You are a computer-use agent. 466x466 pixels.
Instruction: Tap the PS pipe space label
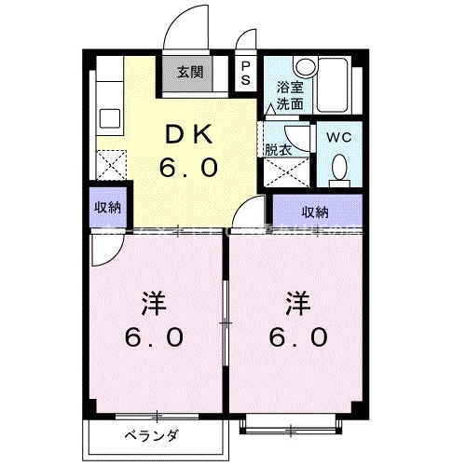point(245,73)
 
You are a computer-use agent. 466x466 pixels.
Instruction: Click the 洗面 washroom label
point(288,103)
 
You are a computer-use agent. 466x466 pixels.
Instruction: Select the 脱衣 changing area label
point(278,149)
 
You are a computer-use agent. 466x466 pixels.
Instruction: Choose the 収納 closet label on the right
point(314,211)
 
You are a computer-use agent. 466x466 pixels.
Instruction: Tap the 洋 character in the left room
point(155,302)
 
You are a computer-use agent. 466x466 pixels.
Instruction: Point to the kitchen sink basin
point(109,120)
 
